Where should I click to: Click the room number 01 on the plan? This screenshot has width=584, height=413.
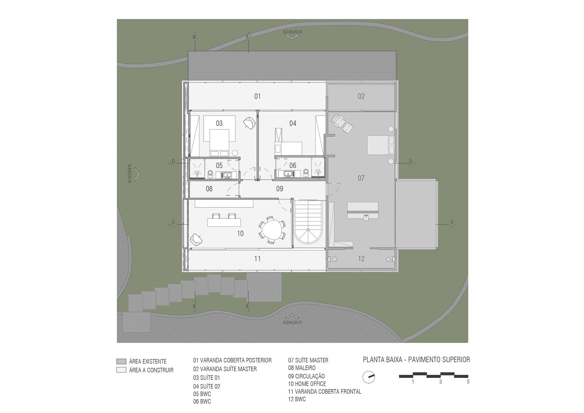click(x=257, y=96)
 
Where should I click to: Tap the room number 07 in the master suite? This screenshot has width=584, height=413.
click(x=361, y=178)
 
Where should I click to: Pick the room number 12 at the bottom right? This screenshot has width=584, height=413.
click(x=361, y=258)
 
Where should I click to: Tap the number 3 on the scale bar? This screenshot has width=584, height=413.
click(x=440, y=382)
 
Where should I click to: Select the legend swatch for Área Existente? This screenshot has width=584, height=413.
click(x=121, y=361)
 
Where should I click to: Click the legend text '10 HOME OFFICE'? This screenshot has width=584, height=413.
click(x=307, y=384)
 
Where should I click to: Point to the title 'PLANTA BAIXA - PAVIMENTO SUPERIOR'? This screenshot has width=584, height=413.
click(x=416, y=360)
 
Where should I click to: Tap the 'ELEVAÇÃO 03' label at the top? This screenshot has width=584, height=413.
click(x=292, y=31)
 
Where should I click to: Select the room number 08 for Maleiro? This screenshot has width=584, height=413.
click(x=209, y=189)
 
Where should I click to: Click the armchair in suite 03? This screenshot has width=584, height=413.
click(x=249, y=122)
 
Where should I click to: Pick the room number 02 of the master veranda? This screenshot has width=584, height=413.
click(x=361, y=96)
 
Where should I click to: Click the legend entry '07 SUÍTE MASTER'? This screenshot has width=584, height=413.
click(x=308, y=360)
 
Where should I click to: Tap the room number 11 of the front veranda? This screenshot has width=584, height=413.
click(x=257, y=258)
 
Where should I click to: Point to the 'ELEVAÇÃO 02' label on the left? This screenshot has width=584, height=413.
click(x=129, y=174)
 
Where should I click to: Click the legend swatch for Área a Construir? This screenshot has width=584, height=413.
click(x=121, y=370)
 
